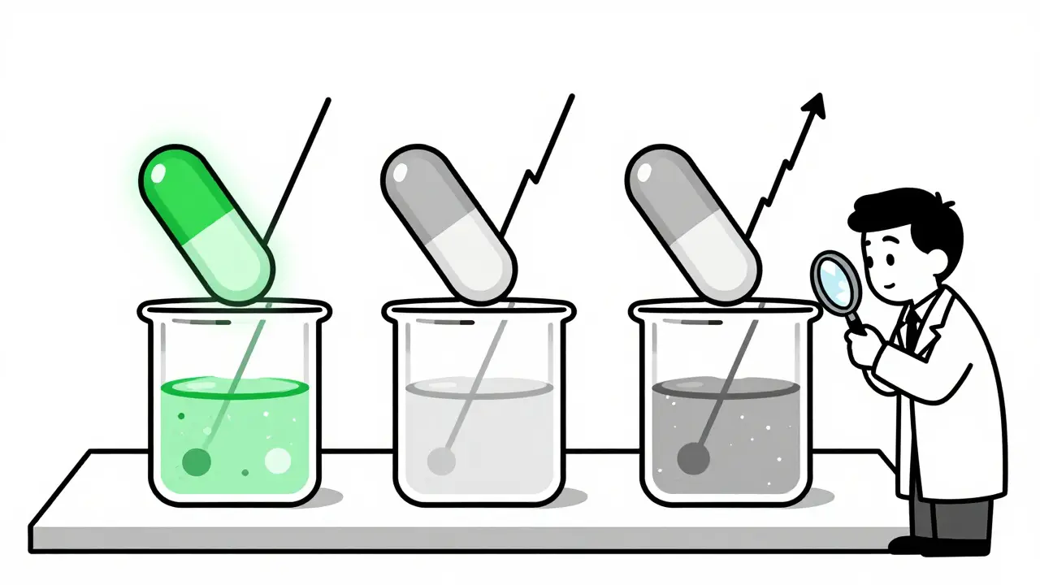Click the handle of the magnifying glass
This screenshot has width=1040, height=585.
tap(854, 320)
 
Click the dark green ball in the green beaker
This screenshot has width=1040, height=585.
tap(197, 461)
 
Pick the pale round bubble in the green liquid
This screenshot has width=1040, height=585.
tap(278, 460)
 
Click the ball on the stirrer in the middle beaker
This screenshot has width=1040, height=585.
tap(440, 461)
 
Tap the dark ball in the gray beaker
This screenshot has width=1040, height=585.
tap(692, 457)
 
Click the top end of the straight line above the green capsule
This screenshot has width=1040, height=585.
tap(328, 101)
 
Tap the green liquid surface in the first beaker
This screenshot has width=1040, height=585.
tap(236, 388)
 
